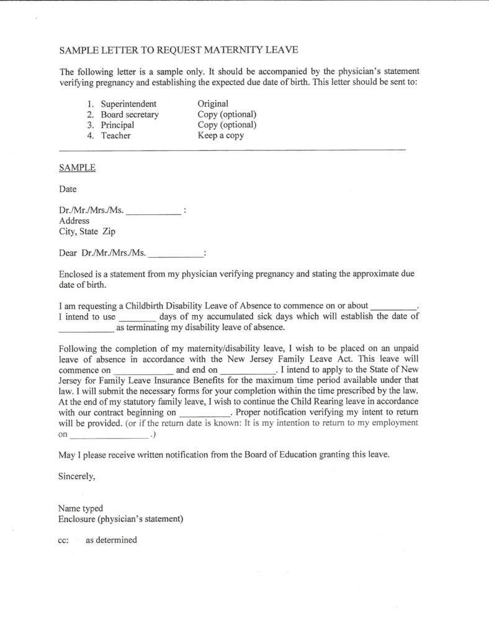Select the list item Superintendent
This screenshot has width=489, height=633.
pos(128,104)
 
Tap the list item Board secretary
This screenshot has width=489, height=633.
pos(130,114)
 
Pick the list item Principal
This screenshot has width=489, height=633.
pos(117,125)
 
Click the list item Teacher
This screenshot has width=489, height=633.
pos(116,135)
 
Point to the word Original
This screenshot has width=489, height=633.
pos(213,104)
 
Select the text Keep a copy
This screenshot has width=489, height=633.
pos(220,135)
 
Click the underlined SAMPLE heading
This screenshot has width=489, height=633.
pos(77,168)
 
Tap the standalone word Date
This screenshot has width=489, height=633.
pos(68,189)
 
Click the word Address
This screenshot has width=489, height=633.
pos(74,220)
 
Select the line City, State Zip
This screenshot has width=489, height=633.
pos(87,231)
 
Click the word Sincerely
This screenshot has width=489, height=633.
pos(77,476)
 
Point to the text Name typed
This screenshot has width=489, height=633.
pos(81,508)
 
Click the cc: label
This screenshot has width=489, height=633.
pos(63,540)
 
